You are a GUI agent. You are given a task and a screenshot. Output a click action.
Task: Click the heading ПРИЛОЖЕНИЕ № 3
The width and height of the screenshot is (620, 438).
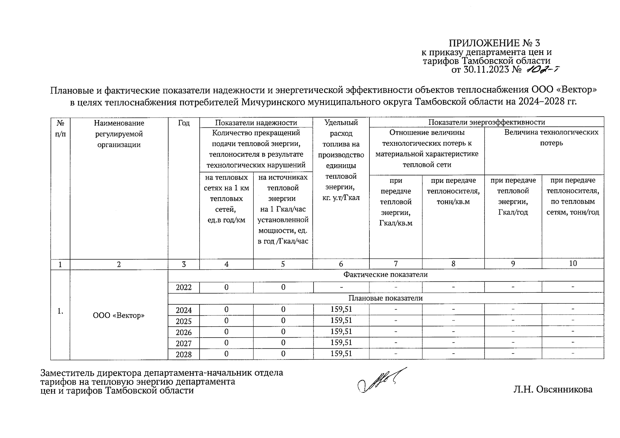tap(494, 43)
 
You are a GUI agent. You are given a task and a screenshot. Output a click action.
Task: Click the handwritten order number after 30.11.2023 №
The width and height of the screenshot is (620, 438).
tap(542, 69)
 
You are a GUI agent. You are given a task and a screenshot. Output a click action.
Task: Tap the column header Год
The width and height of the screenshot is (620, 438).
tap(183, 123)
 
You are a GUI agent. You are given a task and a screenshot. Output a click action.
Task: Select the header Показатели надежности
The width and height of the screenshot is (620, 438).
tap(256, 123)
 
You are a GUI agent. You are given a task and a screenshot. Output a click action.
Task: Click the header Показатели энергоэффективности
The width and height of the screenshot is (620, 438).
tap(486, 122)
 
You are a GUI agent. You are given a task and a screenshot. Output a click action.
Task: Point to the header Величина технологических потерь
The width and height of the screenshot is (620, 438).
tap(551, 137)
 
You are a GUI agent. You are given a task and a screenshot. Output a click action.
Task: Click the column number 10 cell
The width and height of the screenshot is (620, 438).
tap(573, 264)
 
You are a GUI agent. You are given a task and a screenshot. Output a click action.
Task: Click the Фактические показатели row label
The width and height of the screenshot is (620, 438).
tap(385, 274)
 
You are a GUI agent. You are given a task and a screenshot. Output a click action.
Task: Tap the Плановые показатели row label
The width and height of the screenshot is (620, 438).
tap(385, 298)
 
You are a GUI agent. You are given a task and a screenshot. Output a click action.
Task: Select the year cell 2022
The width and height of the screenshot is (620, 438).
tap(183, 288)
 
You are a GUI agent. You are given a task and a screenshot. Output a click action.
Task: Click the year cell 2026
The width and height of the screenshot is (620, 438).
tap(183, 332)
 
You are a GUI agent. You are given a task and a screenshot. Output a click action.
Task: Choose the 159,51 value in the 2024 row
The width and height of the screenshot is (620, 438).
tap(341, 310)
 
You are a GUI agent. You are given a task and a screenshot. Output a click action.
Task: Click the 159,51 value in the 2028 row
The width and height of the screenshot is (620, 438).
tap(341, 354)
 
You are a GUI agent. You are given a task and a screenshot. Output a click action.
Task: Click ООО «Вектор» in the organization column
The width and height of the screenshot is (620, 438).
tap(119, 315)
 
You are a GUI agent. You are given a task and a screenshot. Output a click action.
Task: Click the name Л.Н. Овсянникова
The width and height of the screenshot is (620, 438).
tap(552, 390)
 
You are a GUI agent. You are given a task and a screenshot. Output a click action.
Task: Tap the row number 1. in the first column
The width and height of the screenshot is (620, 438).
tap(60, 311)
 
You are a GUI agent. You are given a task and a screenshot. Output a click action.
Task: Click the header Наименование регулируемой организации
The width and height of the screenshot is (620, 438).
tap(119, 134)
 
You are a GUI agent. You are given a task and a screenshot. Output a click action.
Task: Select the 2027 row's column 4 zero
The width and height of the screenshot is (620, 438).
tap(227, 343)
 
